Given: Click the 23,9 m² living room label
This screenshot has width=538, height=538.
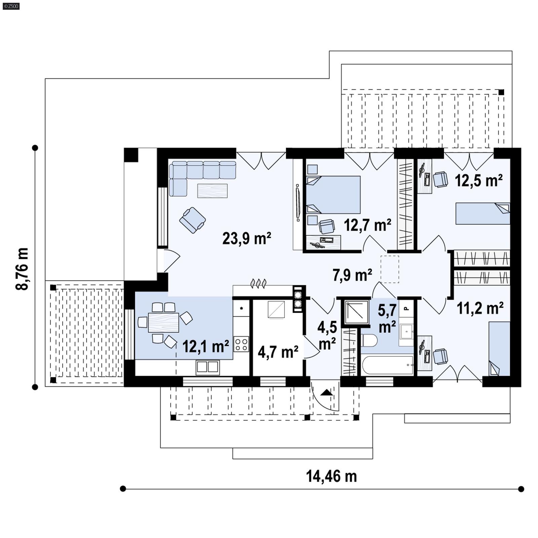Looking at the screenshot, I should pos(246,238).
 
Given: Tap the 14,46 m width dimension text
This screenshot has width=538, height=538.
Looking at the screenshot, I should pos(331,476).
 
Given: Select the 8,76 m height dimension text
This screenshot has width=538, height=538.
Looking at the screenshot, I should pos(22,269).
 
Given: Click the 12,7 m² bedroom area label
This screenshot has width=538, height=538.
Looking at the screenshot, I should pos(367,225).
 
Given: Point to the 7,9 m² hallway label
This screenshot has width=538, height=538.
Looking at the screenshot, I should pos(352,275).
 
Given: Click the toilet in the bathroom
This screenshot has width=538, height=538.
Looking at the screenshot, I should pos(370,340).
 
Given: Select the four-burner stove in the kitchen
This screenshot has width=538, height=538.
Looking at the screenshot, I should pos(241,344).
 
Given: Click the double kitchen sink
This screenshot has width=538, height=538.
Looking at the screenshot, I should pos(207,367).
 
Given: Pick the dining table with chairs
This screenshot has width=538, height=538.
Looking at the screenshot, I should pos(163,322).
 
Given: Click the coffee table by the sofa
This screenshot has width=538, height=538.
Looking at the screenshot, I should pos(212,191).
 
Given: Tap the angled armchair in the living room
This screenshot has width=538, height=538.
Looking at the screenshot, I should pos(192,220).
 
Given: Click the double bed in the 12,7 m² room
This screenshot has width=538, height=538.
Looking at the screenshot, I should pos(333,195).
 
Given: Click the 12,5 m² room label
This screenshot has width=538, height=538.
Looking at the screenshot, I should pos(478,181).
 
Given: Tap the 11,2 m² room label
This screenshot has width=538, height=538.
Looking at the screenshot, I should pos(480,308).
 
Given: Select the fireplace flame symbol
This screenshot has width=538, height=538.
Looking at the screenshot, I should pos(259,283).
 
